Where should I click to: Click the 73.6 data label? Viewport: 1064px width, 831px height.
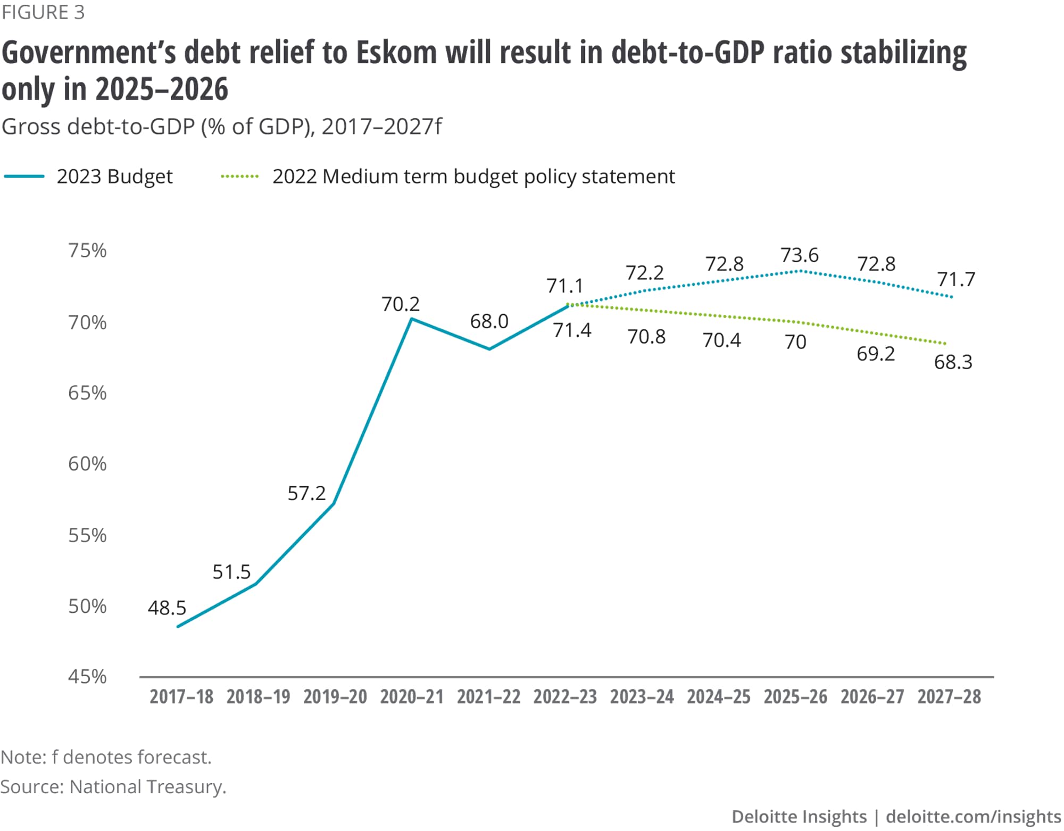point(799,255)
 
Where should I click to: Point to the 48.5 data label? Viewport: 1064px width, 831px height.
point(167,608)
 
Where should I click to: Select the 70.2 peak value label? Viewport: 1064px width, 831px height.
point(400,304)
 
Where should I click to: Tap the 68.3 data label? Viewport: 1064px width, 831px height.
point(953,362)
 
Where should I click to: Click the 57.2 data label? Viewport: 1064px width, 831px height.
point(306,494)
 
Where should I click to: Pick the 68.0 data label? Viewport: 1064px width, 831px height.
point(489,321)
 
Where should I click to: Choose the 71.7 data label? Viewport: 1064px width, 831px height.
point(955,279)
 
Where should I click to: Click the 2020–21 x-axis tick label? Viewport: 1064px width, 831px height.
point(412,697)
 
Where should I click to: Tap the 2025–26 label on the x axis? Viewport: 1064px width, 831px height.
point(795,697)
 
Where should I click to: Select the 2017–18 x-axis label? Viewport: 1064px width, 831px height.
point(181,697)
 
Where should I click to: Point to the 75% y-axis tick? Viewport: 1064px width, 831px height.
point(87,251)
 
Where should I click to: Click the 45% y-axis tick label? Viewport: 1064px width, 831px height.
point(87,677)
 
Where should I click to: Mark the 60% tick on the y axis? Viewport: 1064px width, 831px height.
point(87,464)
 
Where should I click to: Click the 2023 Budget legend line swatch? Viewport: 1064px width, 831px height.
point(24,177)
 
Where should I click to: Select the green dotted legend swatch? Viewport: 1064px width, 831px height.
point(239,177)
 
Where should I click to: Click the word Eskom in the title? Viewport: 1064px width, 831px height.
point(396,53)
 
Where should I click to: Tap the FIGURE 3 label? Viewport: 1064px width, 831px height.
point(43,12)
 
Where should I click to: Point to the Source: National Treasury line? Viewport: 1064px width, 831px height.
point(113,787)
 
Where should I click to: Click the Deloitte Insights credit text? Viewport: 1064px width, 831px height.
point(799,817)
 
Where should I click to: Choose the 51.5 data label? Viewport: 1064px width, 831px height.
point(231,572)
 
